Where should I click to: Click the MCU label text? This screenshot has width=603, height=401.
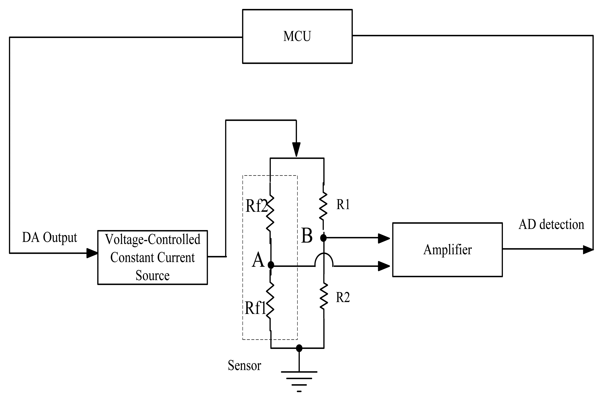coord(297,36)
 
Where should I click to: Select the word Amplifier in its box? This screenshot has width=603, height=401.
coord(447,250)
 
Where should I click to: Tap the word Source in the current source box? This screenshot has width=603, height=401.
coord(152,275)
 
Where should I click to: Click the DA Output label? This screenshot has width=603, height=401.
coord(49,237)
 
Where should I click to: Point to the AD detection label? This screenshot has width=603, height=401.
coord(551,225)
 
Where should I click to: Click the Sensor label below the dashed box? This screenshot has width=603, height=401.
coord(244,365)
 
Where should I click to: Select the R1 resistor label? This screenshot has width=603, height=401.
coord(343,204)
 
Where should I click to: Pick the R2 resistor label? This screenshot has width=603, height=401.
coord(343,297)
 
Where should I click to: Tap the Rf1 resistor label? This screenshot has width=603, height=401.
coord(255,308)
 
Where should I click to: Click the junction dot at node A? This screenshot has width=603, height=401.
coord(271,265)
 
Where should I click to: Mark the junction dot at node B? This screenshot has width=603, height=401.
coord(323,238)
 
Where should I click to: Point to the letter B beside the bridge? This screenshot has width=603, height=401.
coord(307,236)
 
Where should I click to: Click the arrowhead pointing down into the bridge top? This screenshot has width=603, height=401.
coord(296,149)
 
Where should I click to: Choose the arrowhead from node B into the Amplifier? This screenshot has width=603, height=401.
coord(384,238)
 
